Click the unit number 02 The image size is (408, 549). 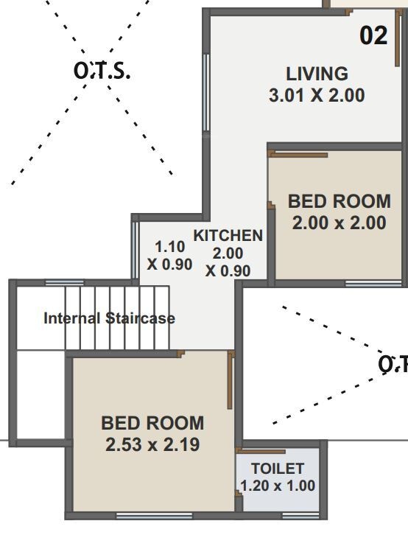(373, 35)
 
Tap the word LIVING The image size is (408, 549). (317, 74)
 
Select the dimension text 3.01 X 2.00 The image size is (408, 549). (317, 95)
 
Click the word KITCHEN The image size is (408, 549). (228, 235)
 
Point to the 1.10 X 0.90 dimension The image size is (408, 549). (169, 256)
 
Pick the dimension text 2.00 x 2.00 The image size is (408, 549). (339, 223)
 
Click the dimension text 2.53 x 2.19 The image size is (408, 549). (152, 444)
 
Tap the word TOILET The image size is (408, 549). (278, 469)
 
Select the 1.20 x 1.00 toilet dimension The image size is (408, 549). (278, 486)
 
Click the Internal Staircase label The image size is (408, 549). (109, 318)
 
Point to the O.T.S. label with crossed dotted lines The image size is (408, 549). (102, 71)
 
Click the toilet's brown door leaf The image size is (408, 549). (261, 451)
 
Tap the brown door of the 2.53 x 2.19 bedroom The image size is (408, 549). (230, 380)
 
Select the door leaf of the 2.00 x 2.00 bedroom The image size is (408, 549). (298, 155)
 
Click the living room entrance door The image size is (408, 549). (397, 38)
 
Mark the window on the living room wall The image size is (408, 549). (206, 93)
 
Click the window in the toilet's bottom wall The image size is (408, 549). (301, 515)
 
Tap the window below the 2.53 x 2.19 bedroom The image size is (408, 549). (155, 515)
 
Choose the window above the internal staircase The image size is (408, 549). (65, 282)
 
